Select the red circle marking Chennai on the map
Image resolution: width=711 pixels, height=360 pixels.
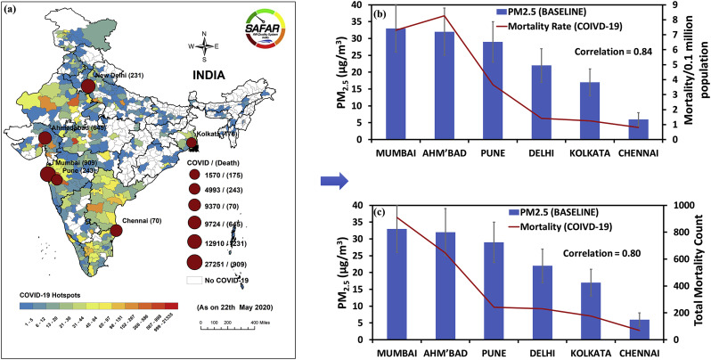pos(116,231)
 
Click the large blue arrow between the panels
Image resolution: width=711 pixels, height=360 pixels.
pos(332,182)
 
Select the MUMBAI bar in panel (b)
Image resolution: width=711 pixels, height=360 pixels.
pos(396,84)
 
